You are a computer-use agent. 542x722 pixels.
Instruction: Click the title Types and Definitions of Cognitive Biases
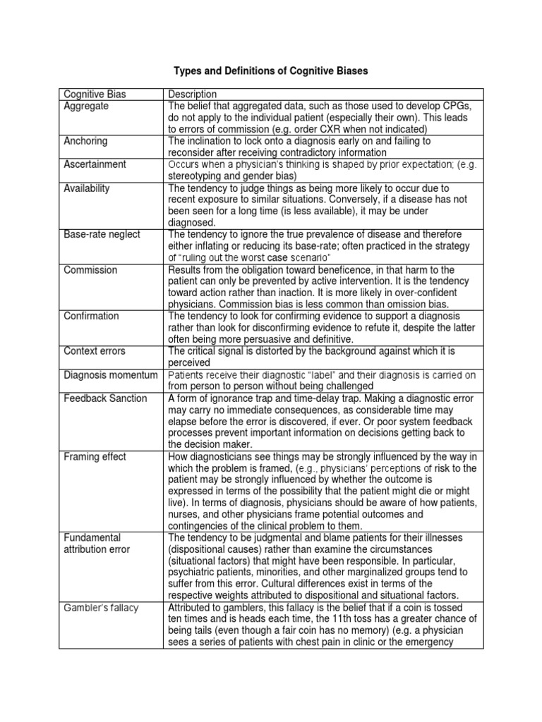tap(270, 71)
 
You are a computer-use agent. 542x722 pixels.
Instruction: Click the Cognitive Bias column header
tap(95, 94)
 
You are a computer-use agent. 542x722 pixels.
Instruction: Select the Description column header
tap(192, 94)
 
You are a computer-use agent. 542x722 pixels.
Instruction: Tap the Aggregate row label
tap(86, 105)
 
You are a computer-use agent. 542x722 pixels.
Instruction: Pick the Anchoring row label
tap(85, 140)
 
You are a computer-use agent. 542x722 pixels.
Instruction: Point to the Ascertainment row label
tap(95, 164)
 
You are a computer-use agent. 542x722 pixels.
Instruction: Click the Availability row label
tap(87, 188)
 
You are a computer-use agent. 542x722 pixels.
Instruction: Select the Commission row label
tap(90, 270)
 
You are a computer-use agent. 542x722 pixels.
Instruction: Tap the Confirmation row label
tap(91, 316)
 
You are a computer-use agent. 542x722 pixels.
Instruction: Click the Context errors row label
tap(95, 350)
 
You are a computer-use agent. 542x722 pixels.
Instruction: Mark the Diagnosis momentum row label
tap(105, 374)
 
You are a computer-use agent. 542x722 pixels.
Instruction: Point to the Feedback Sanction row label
tap(105, 398)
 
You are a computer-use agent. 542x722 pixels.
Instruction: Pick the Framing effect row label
tap(95, 456)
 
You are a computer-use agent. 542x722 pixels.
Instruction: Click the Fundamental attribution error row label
tap(92, 543)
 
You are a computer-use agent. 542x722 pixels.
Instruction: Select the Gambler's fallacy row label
tap(101, 608)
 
